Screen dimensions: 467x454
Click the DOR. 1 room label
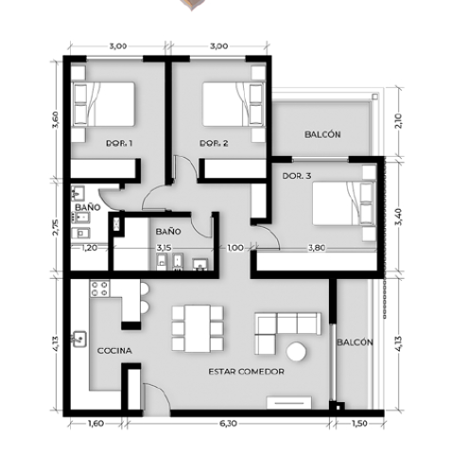pos(119,144)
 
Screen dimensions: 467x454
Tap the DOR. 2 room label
pos(214,144)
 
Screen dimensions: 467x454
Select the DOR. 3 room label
pos(297,176)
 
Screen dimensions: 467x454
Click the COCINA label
pos(114,351)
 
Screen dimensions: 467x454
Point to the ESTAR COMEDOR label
pos(247,372)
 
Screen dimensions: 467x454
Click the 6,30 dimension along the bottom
pos(228,423)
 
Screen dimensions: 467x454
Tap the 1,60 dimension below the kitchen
pos(95,423)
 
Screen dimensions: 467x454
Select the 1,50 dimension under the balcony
pos(359,423)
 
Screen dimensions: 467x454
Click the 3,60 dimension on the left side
pos(56,120)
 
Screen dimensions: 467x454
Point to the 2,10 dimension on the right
pos(398,121)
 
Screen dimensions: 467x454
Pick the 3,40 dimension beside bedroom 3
pos(398,217)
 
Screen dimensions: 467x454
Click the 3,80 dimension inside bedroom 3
pos(317,248)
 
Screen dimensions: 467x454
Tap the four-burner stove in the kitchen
pos(100,288)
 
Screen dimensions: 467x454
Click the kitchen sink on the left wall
pos(79,340)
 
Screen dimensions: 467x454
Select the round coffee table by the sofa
pos(296,352)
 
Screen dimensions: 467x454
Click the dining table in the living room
pos(198,328)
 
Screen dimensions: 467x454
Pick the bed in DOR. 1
pos(103,104)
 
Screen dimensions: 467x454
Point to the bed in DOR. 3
pos(344,203)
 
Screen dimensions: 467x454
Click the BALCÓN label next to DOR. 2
pos(322,134)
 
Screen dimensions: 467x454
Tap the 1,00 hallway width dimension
pos(235,248)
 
